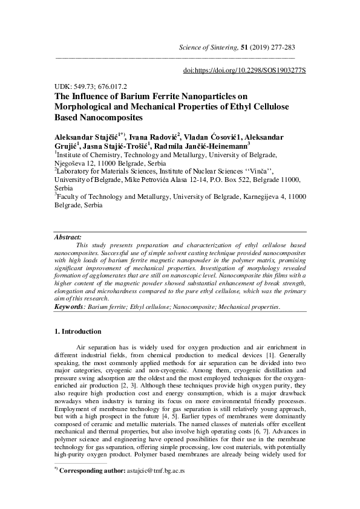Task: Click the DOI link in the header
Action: [x=244, y=71]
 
